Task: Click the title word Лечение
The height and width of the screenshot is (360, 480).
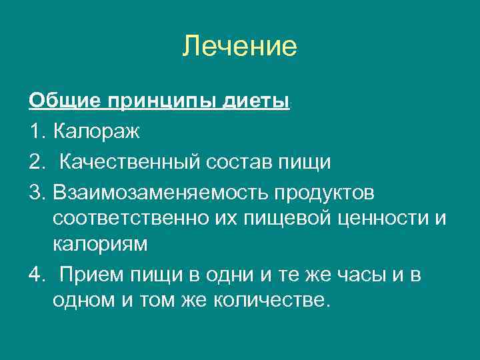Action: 239,47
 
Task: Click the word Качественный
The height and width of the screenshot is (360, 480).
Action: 126,162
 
